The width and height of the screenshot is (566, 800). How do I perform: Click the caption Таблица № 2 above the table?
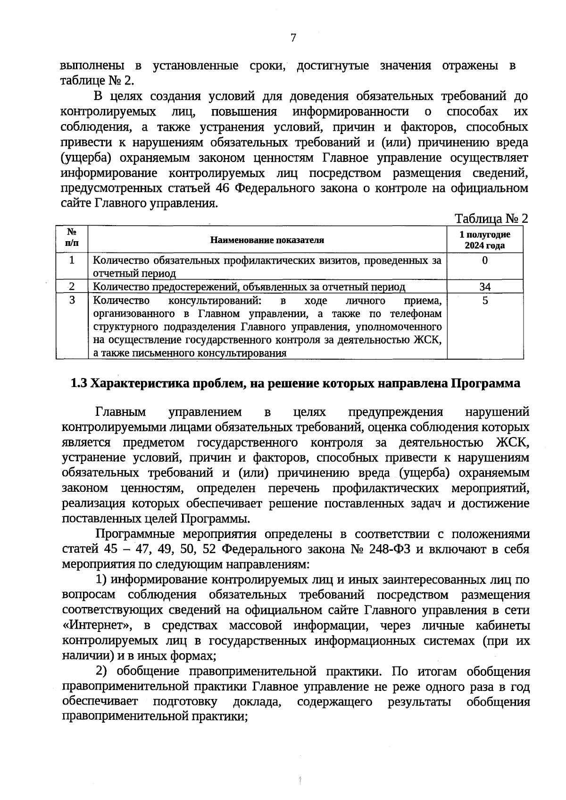point(491,219)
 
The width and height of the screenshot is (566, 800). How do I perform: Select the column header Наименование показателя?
point(267,240)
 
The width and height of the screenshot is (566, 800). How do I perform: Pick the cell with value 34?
point(484,287)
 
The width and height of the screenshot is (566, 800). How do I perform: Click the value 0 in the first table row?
point(484,261)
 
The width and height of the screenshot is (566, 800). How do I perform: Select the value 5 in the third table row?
point(484,301)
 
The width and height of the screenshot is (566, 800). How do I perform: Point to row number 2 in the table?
point(72,286)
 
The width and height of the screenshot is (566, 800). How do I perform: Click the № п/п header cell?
point(72,238)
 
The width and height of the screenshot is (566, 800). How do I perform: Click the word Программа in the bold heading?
point(485,383)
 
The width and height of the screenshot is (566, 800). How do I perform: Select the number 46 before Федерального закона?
point(223,188)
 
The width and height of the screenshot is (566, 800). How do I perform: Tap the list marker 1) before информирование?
point(102,580)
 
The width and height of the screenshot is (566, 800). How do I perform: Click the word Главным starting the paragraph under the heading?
point(120,412)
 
